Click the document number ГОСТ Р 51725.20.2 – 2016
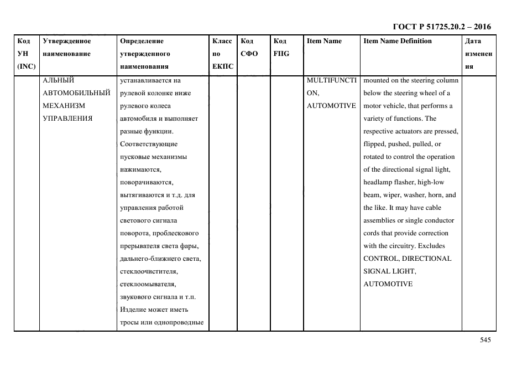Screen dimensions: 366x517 [441, 27]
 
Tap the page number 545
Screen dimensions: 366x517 [485, 341]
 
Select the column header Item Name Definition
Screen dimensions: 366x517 [397, 41]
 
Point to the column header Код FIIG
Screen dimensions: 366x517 [281, 48]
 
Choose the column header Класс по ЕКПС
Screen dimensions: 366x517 [223, 54]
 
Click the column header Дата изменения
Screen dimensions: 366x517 [478, 54]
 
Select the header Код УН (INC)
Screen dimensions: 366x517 [26, 54]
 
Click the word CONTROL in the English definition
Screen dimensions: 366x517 [380, 259]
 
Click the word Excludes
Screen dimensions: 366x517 [431, 246]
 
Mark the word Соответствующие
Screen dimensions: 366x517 [148, 144]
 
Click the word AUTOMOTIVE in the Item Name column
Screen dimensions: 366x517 [331, 106]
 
